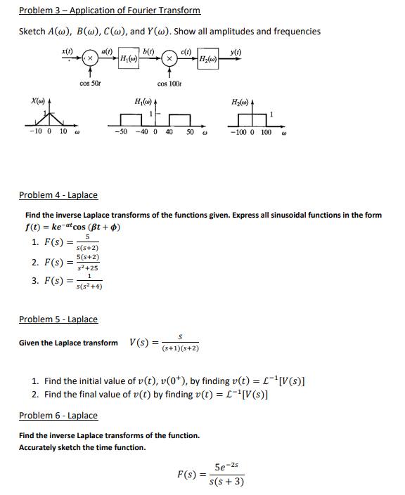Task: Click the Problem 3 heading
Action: click(x=110, y=11)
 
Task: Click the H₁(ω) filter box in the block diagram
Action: click(x=129, y=58)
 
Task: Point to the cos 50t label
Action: click(x=89, y=84)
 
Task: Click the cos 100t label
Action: click(x=171, y=84)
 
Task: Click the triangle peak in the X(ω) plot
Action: click(x=47, y=112)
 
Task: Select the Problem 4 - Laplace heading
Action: click(x=58, y=194)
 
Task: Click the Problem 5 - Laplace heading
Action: click(x=58, y=319)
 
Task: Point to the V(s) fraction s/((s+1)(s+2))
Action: click(x=181, y=343)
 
